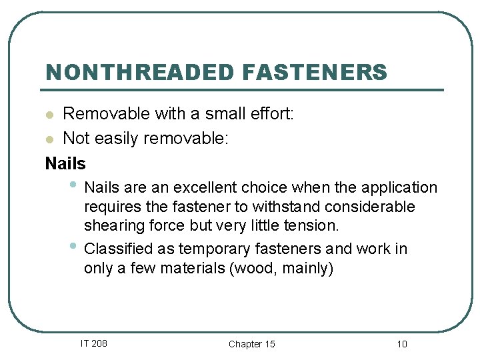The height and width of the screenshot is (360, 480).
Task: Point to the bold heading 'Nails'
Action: click(65, 163)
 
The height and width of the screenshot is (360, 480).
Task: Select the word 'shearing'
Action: click(109, 226)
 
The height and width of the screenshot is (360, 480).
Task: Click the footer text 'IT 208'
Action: click(93, 343)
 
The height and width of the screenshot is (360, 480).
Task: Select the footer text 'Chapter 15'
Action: click(251, 344)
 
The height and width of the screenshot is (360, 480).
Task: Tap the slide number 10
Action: click(401, 344)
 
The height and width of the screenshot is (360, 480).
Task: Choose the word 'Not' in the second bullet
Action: click(75, 139)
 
